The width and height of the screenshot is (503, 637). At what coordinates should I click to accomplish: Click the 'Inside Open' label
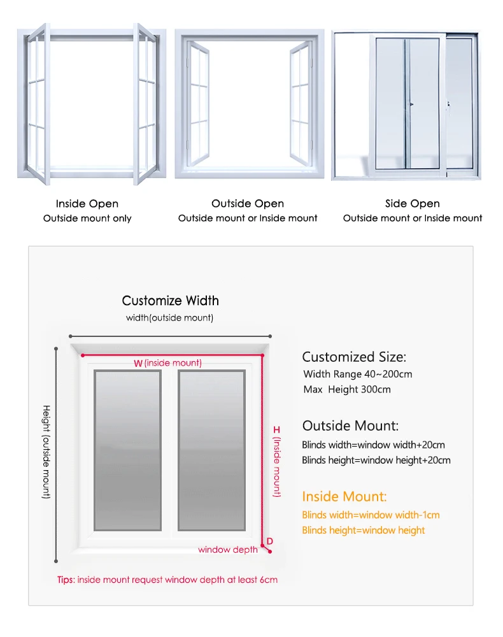(x=87, y=204)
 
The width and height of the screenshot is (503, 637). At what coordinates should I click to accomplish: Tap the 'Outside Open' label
(x=248, y=204)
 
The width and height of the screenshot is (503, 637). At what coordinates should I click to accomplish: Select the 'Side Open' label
(x=413, y=204)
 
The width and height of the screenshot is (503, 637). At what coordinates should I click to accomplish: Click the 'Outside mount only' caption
(x=87, y=218)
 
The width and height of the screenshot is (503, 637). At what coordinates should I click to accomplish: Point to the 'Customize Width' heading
(x=170, y=301)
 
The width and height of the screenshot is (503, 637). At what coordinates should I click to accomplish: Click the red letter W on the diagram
(x=138, y=363)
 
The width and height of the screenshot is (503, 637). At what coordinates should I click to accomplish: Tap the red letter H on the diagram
(x=276, y=430)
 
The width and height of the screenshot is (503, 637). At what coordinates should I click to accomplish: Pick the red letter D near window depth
(x=270, y=541)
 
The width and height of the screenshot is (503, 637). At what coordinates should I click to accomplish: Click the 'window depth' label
(x=228, y=550)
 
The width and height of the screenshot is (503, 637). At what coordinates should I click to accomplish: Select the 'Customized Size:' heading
(x=354, y=357)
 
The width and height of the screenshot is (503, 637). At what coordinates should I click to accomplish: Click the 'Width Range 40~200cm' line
(x=358, y=374)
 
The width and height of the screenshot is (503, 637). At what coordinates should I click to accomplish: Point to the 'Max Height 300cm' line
(x=347, y=389)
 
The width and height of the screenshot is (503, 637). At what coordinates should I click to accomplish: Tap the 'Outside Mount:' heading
(x=351, y=426)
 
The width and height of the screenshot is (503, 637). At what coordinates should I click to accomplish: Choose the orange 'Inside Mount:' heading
(x=344, y=496)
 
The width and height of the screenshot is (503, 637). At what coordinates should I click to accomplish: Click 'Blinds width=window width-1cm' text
(x=371, y=515)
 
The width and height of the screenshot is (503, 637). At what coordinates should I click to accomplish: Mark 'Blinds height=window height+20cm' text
(x=376, y=460)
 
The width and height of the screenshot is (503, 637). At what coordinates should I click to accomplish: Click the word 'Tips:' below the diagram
(x=66, y=580)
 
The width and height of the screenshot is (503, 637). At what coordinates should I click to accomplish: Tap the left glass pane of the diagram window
(x=127, y=450)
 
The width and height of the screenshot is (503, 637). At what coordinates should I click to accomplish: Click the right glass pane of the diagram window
(x=211, y=450)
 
